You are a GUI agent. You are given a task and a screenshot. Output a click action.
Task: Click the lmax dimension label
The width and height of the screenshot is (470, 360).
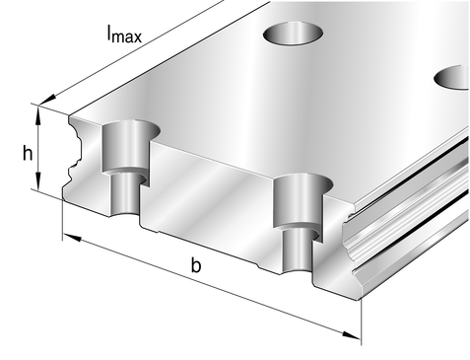[124, 34]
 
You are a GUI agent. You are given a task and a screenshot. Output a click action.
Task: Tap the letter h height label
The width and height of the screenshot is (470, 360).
[28, 153]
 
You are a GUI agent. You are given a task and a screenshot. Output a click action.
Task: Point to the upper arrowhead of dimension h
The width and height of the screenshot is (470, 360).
[38, 115]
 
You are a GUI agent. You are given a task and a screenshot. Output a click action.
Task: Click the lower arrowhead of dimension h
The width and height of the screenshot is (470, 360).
[38, 180]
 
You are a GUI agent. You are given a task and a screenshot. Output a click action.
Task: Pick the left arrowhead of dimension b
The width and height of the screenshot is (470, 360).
[72, 237]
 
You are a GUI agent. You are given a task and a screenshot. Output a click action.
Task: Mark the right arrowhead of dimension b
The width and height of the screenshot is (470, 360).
[352, 335]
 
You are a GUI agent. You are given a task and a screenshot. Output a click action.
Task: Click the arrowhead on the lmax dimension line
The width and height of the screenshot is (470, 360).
[47, 100]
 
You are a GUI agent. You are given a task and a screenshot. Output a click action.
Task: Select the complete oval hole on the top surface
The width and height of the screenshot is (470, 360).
[293, 33]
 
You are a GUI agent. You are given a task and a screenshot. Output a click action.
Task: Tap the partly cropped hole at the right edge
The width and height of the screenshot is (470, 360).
[452, 77]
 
